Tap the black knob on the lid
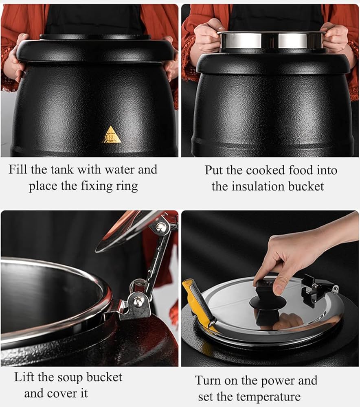[268, 302]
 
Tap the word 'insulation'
[256, 186]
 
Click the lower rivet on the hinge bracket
[138, 302]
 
